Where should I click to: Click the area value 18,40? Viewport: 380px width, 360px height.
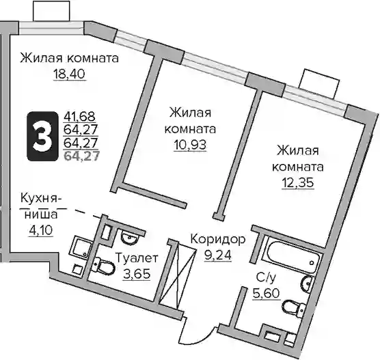tap(69, 74)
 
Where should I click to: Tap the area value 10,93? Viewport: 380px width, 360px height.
tap(190, 145)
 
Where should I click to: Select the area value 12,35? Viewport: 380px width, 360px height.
tap(298, 182)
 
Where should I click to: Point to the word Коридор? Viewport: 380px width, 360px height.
tap(218, 240)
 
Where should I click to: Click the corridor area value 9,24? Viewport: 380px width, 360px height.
tap(218, 255)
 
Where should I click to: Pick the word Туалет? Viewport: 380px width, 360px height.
tap(137, 258)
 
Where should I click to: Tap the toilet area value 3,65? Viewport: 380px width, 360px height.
tap(137, 274)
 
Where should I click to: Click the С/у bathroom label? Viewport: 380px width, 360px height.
tap(266, 278)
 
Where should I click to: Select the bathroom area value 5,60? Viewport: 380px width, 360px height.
tap(267, 293)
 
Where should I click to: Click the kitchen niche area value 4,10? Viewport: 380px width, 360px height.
tap(41, 230)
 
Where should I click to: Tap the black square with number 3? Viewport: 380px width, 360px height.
tap(42, 136)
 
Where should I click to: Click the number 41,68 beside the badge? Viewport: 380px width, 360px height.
tap(80, 117)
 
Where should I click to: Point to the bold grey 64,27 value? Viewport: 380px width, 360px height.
tap(81, 156)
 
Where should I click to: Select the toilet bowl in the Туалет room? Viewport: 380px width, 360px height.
tap(103, 266)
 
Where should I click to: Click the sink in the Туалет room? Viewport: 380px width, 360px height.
tap(130, 236)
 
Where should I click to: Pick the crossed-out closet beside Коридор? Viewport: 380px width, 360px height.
tap(178, 276)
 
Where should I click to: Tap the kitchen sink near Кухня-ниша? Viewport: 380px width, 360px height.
tap(81, 249)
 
